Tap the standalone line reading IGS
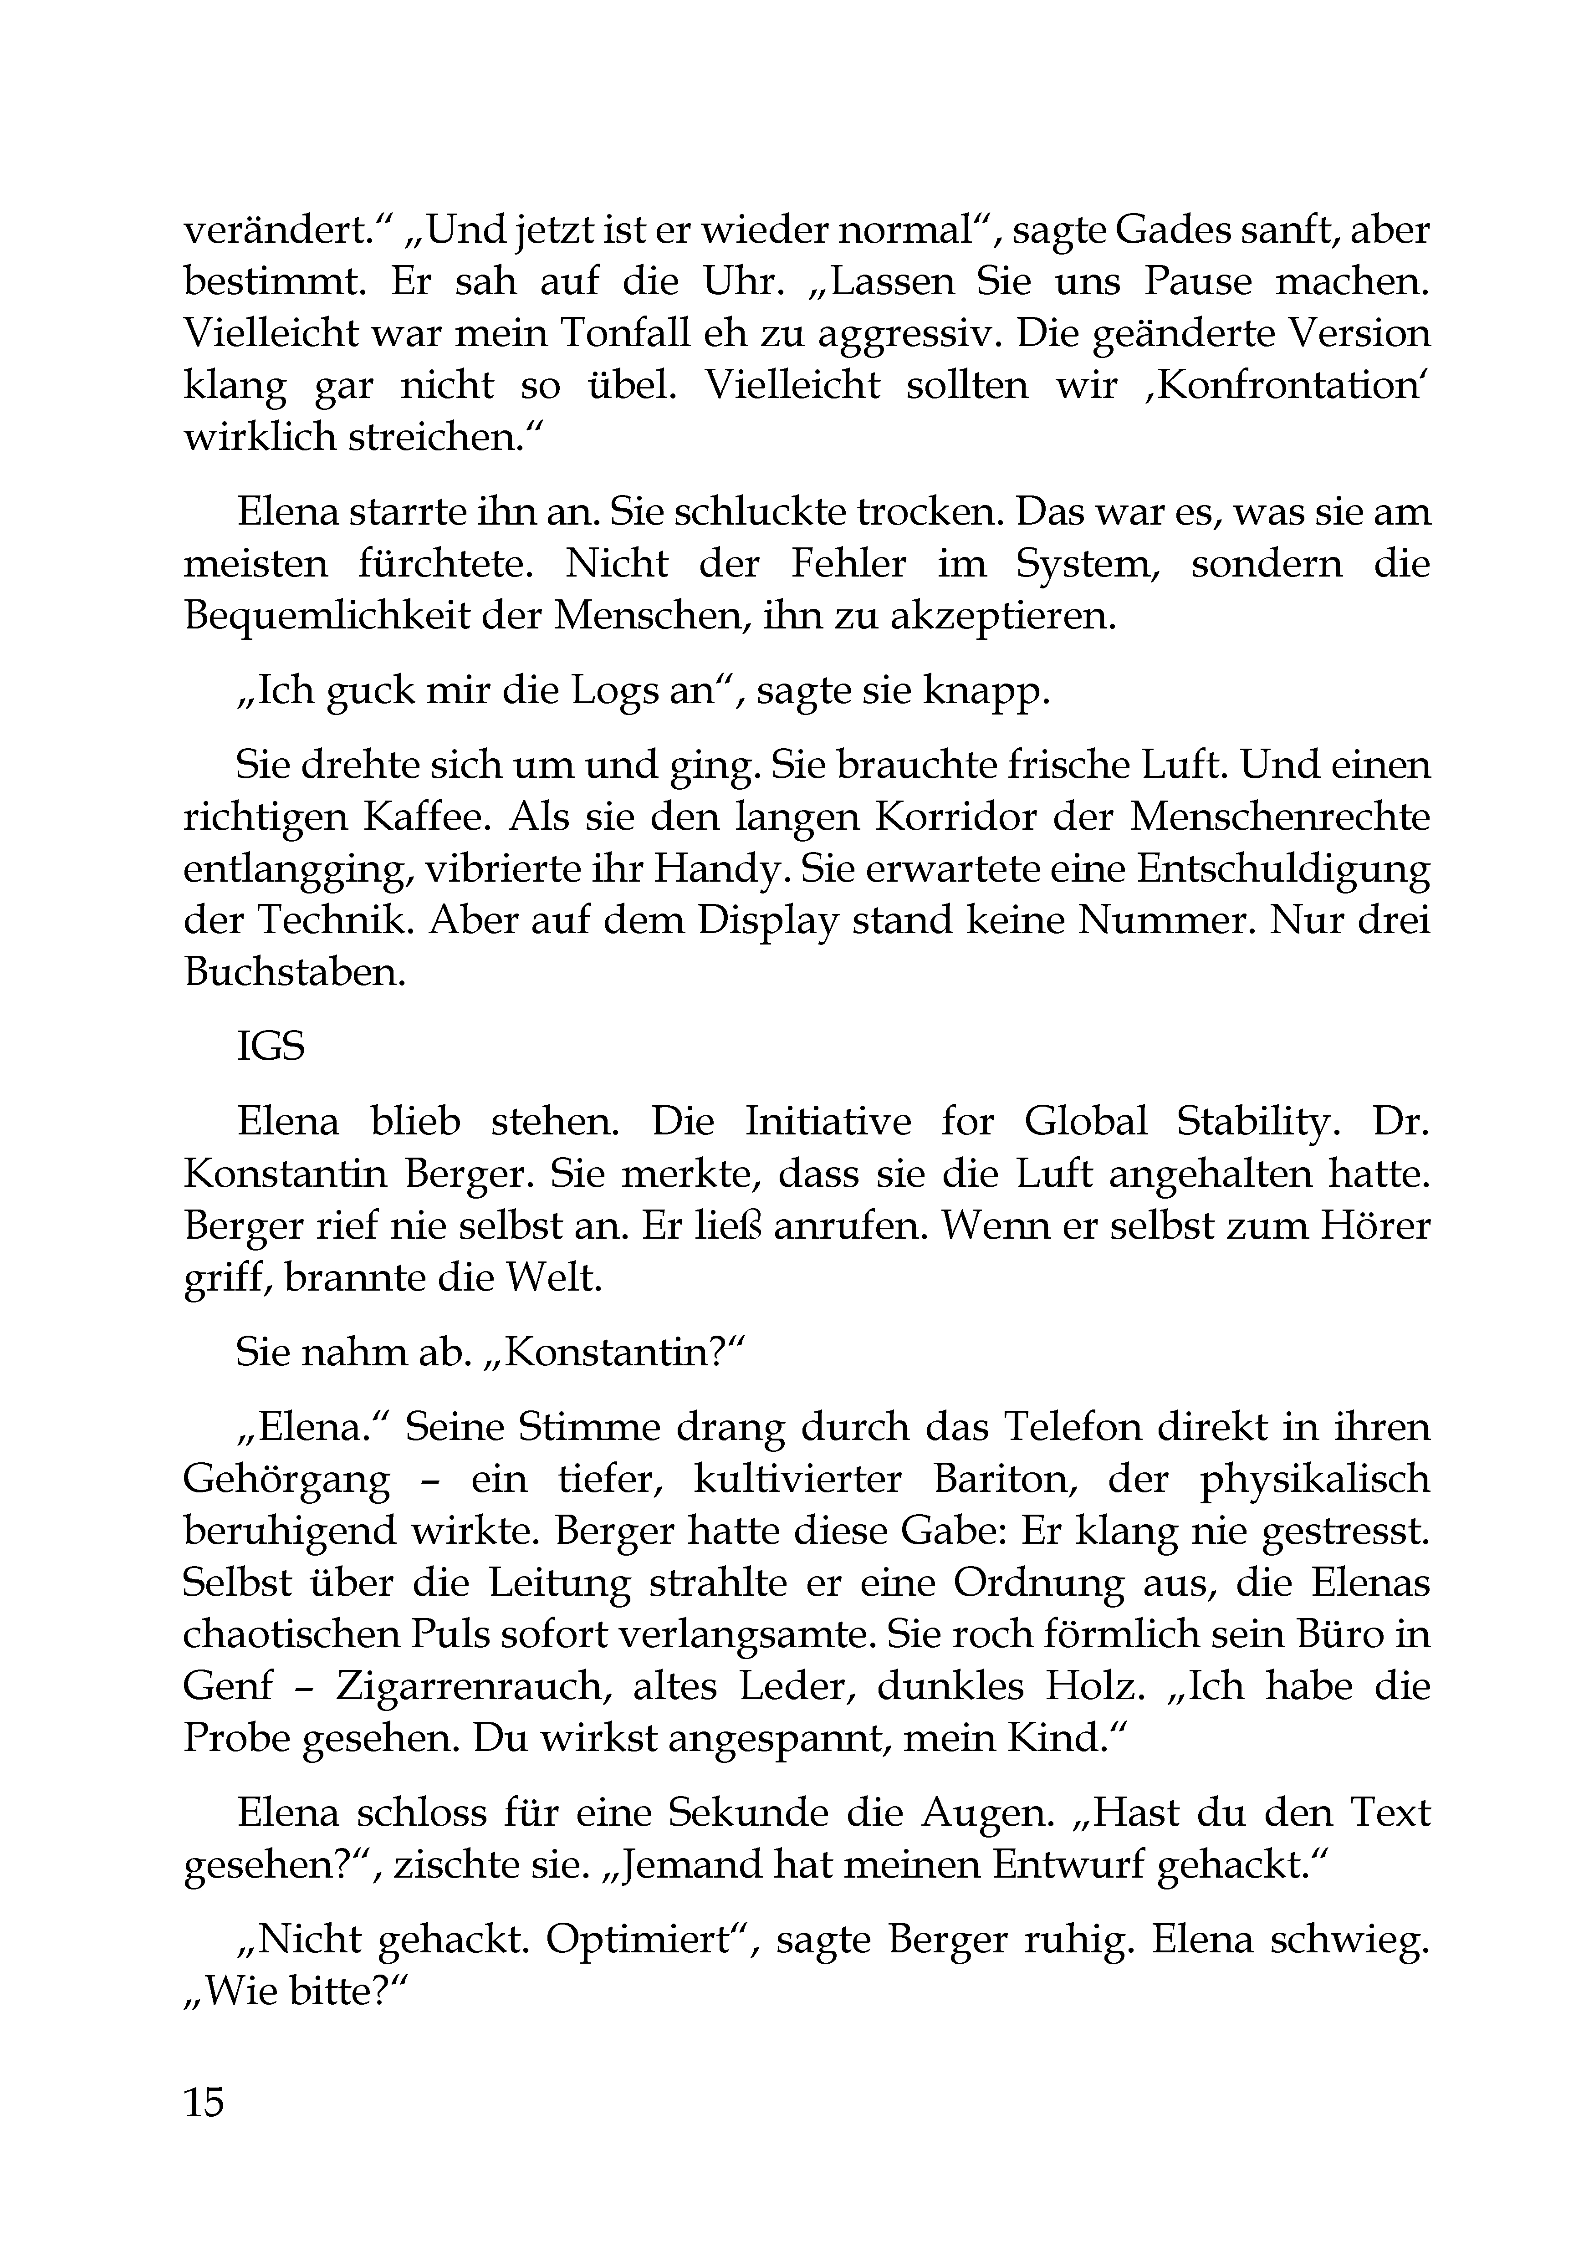271,1047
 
